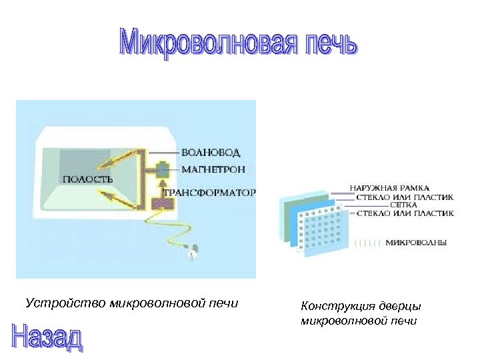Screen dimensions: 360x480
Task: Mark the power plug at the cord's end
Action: [x=194, y=251]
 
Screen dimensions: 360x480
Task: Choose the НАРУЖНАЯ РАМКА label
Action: [x=390, y=187]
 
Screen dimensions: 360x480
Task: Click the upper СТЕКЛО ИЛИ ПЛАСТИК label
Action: [x=405, y=197]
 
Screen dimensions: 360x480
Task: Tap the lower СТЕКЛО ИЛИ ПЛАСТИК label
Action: [x=405, y=213]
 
